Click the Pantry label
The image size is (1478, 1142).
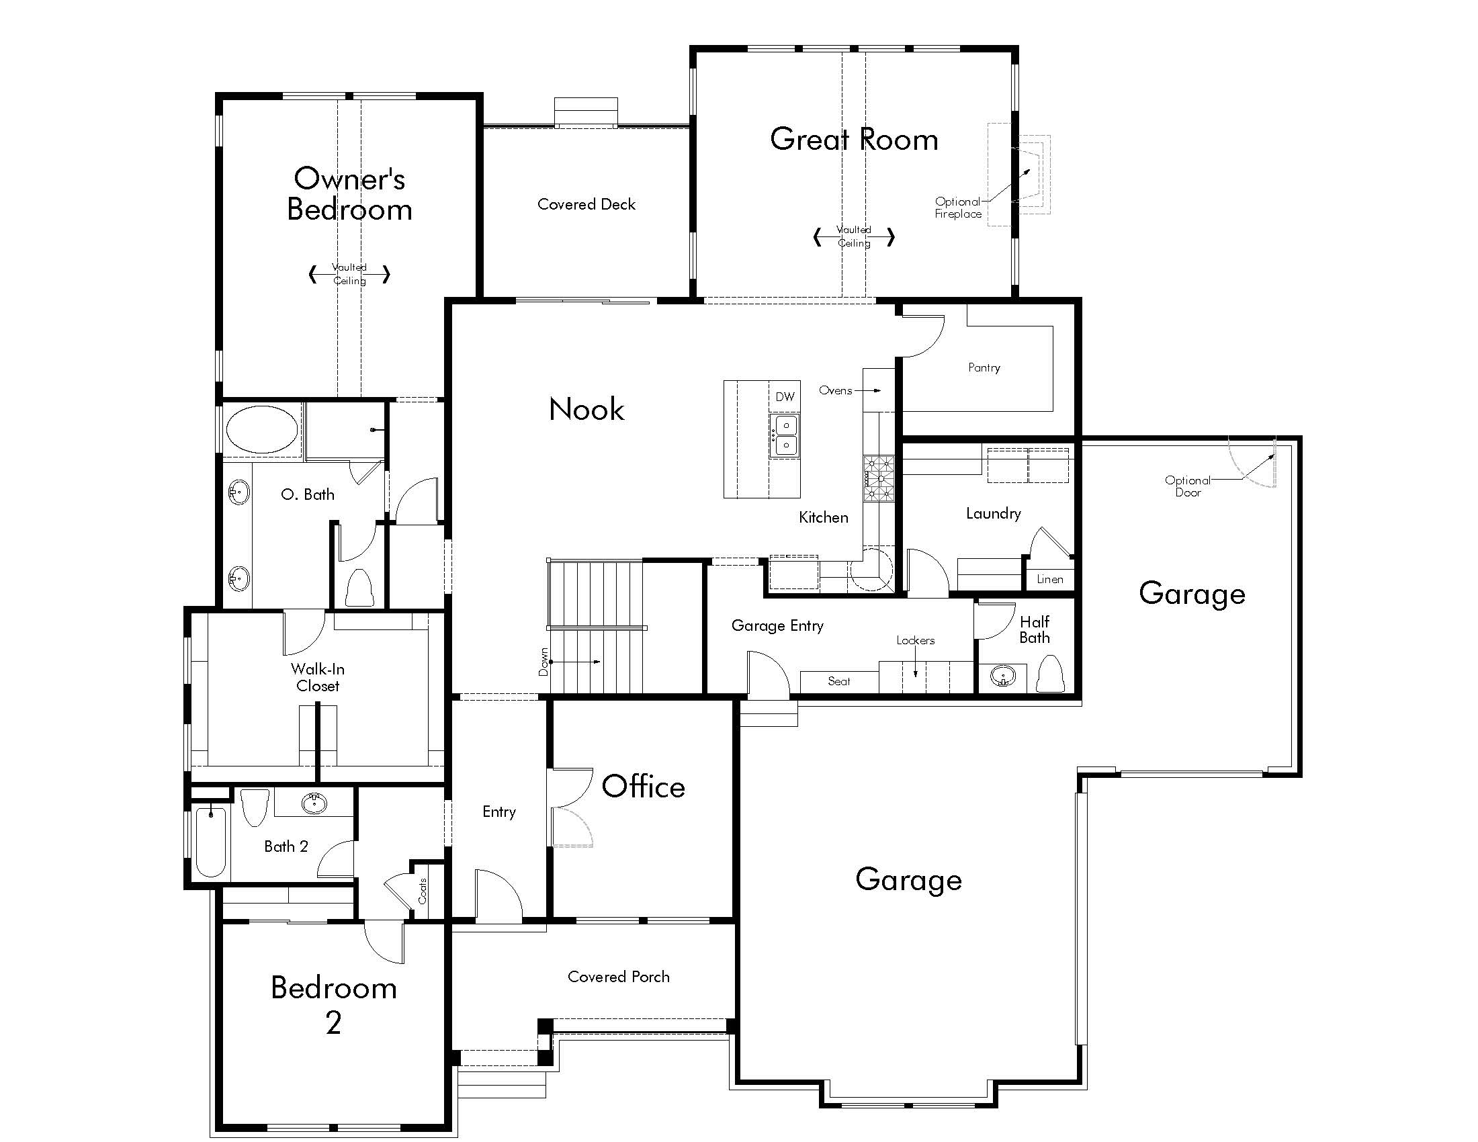984,367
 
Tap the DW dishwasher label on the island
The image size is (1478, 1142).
784,396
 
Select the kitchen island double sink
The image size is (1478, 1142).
785,435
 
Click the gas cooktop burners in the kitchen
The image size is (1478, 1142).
879,478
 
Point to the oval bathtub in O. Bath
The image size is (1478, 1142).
261,429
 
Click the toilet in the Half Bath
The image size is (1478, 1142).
1050,674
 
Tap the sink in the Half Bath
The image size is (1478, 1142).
1003,676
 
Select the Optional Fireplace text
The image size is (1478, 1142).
957,208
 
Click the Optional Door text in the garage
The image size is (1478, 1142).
1188,486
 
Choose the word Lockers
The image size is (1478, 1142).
915,640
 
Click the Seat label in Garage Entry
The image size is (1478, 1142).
838,681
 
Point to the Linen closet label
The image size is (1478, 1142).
1049,579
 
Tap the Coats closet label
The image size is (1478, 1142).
423,891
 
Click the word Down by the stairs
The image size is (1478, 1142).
544,662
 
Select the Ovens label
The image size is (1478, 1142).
835,390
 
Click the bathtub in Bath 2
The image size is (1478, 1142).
211,842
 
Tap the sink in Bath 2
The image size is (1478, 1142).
314,803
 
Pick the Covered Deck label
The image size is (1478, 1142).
586,204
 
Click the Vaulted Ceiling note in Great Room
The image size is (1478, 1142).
853,236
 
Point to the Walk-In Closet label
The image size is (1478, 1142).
317,677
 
